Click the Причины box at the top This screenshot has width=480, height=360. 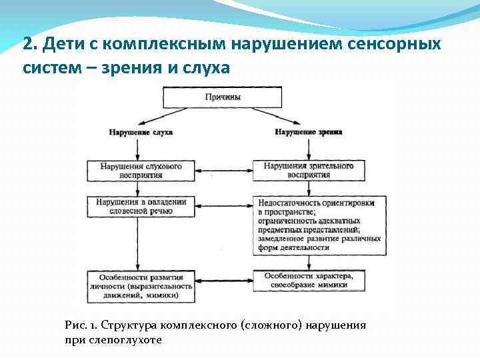[x=223, y=97]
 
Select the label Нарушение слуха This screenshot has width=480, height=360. [x=141, y=132]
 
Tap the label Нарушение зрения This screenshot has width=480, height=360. [x=309, y=132]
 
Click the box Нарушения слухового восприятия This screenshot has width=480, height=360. [x=140, y=170]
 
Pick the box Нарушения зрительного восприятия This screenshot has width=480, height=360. [x=308, y=170]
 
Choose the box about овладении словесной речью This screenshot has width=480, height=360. [x=141, y=206]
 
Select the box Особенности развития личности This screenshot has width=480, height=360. [x=141, y=285]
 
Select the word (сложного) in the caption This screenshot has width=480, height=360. [x=270, y=325]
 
